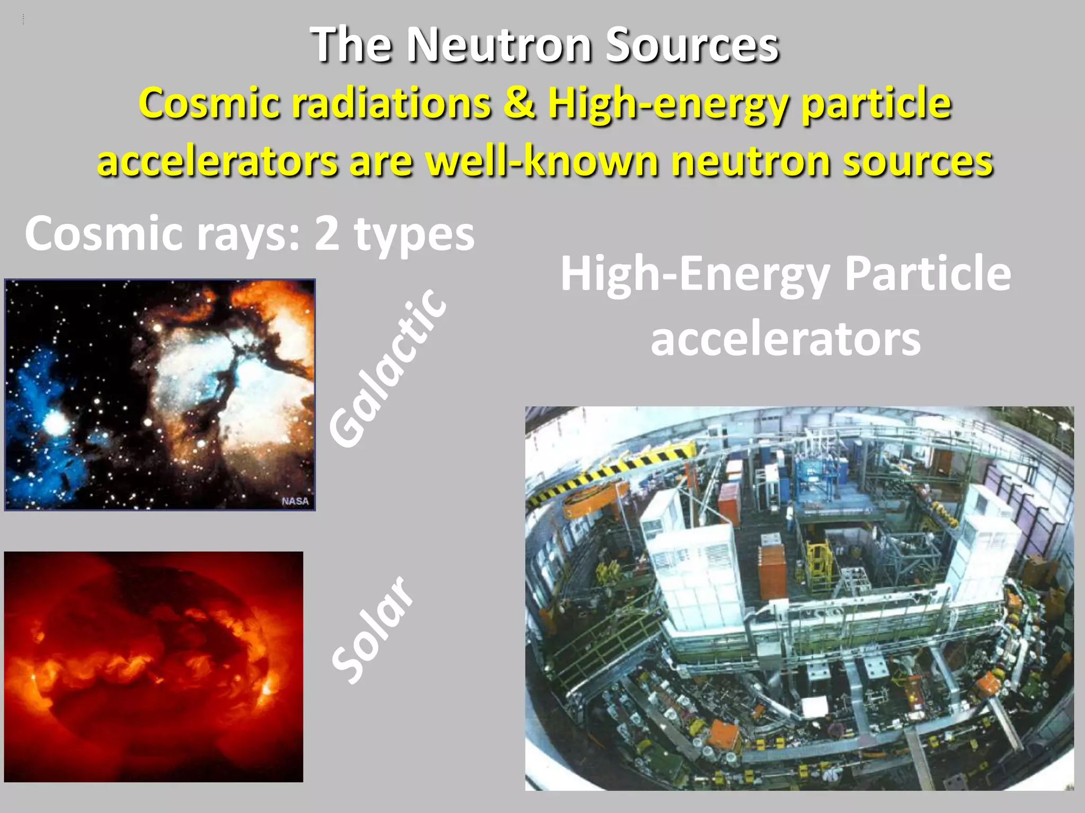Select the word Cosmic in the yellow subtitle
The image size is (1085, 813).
[209, 104]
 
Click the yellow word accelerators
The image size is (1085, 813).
[217, 162]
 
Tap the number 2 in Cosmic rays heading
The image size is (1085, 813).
[327, 234]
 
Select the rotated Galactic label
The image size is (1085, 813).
[387, 368]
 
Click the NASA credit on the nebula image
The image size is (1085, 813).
[295, 501]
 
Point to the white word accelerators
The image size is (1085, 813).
[785, 339]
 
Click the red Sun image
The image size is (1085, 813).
[154, 666]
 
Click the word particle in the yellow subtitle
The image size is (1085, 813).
[876, 104]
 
